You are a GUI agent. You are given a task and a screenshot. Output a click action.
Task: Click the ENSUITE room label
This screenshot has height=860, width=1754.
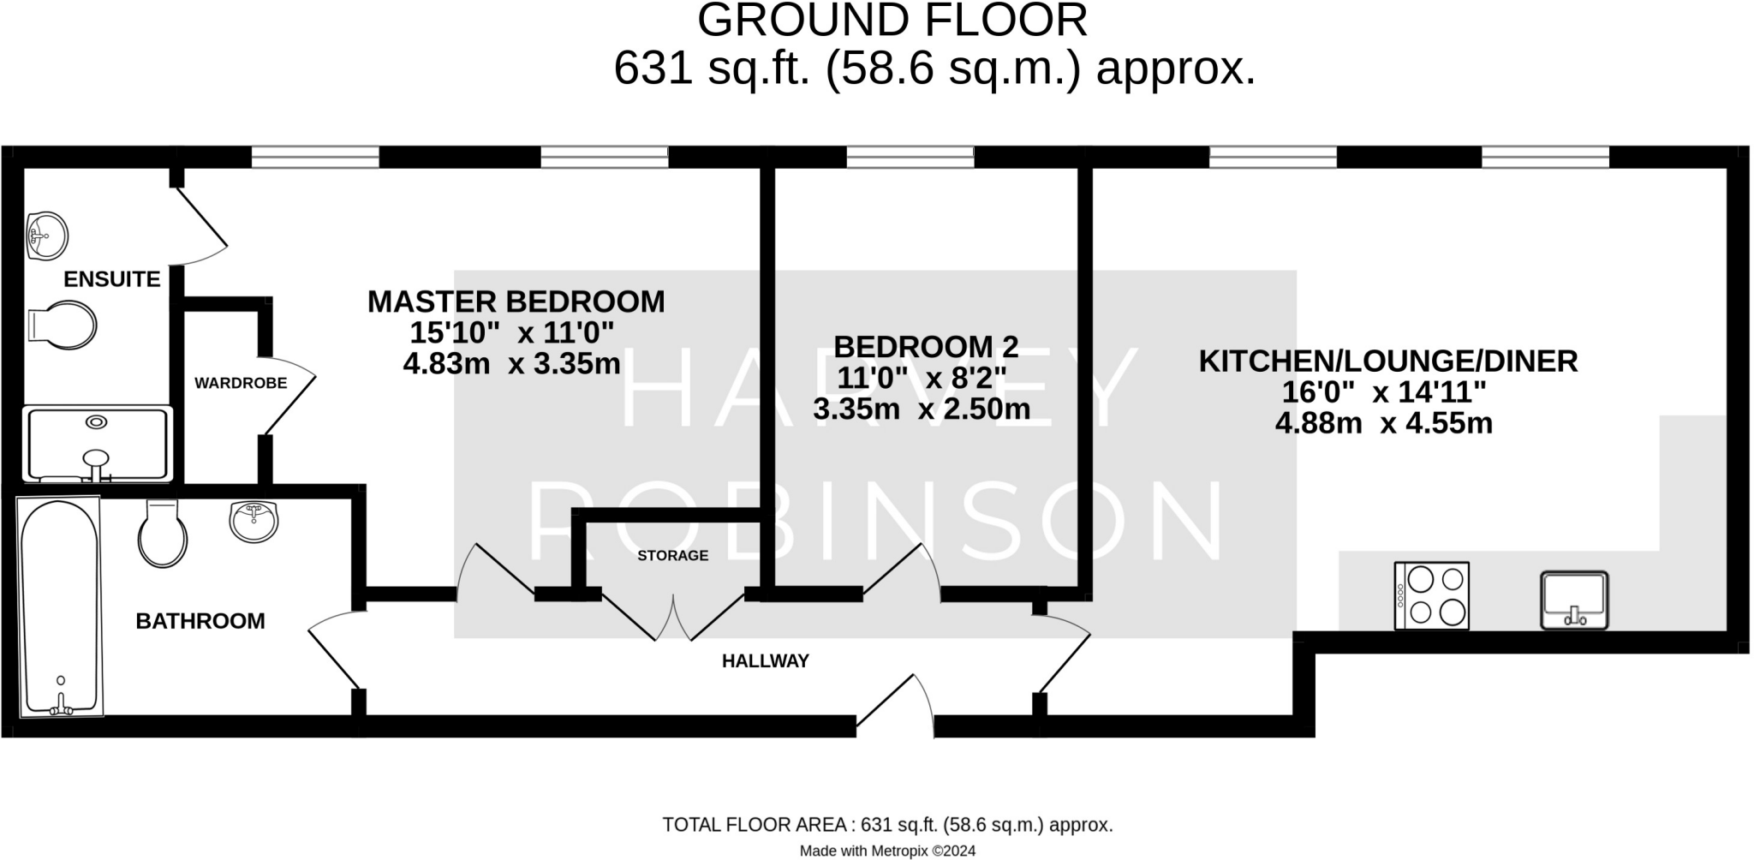pyautogui.click(x=111, y=279)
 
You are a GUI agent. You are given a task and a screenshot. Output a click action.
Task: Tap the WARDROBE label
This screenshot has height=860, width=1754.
pyautogui.click(x=241, y=383)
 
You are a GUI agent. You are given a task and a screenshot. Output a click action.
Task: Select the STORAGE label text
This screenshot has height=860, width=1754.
pyautogui.click(x=672, y=555)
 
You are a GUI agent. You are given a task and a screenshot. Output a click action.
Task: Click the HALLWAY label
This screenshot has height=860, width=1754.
pyautogui.click(x=765, y=660)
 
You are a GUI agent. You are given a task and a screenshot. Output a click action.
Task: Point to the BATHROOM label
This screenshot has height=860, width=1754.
pyautogui.click(x=200, y=621)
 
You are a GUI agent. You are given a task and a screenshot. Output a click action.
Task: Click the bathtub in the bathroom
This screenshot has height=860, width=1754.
pyautogui.click(x=59, y=606)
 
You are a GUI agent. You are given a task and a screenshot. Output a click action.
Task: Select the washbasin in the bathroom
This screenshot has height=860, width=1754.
pyautogui.click(x=254, y=521)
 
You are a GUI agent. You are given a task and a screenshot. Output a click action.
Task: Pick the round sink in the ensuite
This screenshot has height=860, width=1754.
pyautogui.click(x=47, y=234)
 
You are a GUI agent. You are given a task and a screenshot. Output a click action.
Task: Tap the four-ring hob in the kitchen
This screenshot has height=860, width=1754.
pyautogui.click(x=1431, y=596)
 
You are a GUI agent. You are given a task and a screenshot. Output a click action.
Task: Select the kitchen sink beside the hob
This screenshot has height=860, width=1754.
pyautogui.click(x=1574, y=600)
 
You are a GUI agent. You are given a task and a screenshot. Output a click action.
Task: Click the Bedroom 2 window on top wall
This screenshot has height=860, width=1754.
pyautogui.click(x=910, y=157)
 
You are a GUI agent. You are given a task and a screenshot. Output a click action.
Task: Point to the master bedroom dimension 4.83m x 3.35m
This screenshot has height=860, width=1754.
pyautogui.click(x=511, y=363)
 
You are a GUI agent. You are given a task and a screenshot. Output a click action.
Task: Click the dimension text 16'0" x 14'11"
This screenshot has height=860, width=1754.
pyautogui.click(x=1383, y=392)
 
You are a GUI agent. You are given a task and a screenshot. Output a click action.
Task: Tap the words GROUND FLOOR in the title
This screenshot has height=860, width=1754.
pyautogui.click(x=892, y=21)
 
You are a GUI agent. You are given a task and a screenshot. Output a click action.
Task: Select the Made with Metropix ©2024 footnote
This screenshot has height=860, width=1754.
pyautogui.click(x=887, y=851)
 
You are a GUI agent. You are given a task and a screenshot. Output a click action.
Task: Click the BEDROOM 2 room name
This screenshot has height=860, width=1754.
pyautogui.click(x=925, y=347)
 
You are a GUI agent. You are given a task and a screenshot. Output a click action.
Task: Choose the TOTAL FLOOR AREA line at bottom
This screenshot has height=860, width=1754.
pyautogui.click(x=887, y=825)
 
